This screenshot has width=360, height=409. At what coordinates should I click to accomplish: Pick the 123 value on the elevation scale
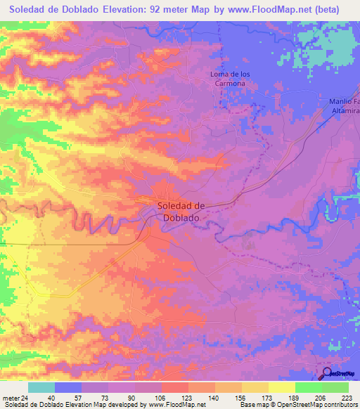188,398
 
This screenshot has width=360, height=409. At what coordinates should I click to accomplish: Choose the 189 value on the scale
295,398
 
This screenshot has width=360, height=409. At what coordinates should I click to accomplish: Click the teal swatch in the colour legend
41,387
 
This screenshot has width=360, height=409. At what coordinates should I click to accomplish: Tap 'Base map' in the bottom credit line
253,405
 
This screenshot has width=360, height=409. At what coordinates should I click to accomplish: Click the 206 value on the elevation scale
321,398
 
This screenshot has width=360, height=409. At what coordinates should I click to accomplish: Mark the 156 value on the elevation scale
241,398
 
